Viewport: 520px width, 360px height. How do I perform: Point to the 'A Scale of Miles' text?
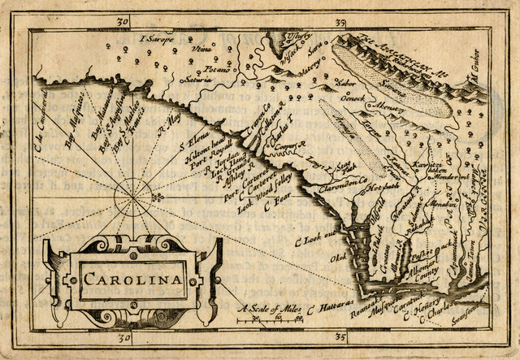[x=267, y=310]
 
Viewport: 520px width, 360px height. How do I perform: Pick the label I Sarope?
[x=156, y=38]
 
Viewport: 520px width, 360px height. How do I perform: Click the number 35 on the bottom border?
[x=340, y=336]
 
